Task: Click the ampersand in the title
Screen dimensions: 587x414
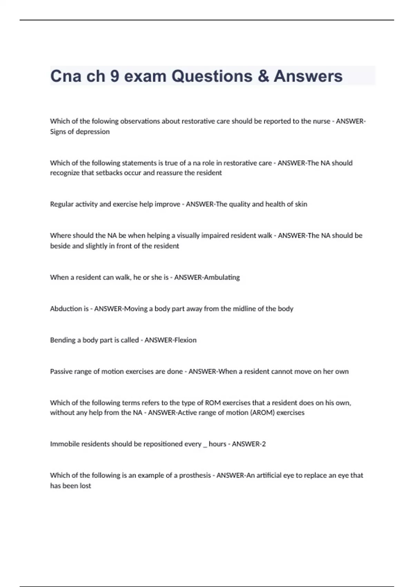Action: (263, 76)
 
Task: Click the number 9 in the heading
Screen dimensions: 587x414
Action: (115, 76)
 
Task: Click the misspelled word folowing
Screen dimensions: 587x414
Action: (105, 121)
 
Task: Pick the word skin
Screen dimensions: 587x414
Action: (301, 204)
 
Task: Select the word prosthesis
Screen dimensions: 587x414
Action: (195, 475)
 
